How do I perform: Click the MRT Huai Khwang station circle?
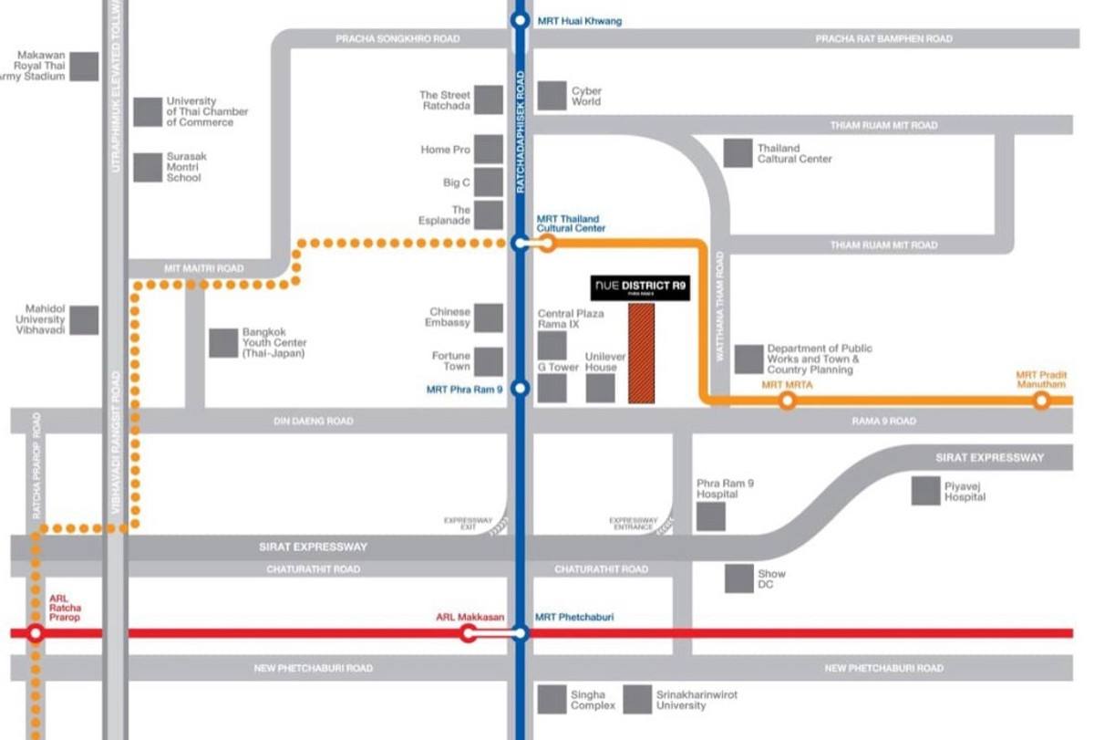tap(520, 20)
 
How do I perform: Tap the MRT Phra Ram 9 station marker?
tap(520, 389)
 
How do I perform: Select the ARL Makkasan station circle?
tap(469, 633)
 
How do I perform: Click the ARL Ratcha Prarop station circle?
tap(36, 633)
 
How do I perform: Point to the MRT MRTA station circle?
tap(787, 400)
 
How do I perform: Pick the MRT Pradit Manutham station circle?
tap(1041, 400)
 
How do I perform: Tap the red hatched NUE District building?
tap(641, 353)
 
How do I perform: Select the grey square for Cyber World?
tap(552, 96)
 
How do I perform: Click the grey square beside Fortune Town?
tap(489, 361)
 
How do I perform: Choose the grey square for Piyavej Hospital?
tap(926, 491)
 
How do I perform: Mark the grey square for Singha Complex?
tap(552, 700)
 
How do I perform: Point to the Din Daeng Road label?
tap(313, 422)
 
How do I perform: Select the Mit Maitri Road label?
tap(204, 268)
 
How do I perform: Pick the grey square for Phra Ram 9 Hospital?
tap(711, 516)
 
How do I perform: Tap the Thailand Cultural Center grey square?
tap(738, 153)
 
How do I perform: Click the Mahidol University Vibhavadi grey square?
tap(84, 319)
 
